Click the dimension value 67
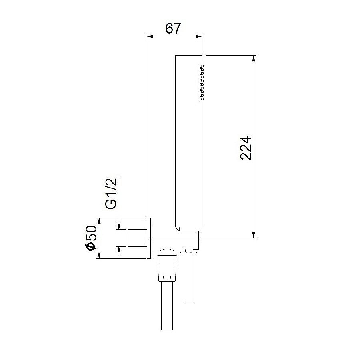(x=174, y=28)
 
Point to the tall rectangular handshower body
(x=188, y=140)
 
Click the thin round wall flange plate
(x=149, y=238)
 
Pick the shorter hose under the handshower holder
(x=188, y=278)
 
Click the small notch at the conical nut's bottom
(x=167, y=278)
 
